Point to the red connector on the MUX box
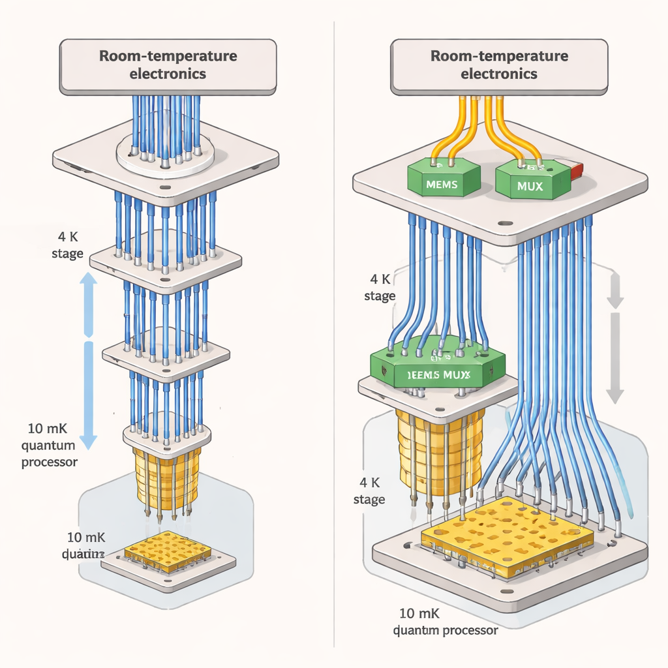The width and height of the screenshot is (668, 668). pos(575,172)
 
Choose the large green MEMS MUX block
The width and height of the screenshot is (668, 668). pos(437,369)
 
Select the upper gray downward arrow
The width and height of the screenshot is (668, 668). pos(615,290)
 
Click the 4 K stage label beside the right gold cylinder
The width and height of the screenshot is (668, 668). pos(369,492)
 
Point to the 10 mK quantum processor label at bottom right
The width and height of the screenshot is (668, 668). pos(446,622)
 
